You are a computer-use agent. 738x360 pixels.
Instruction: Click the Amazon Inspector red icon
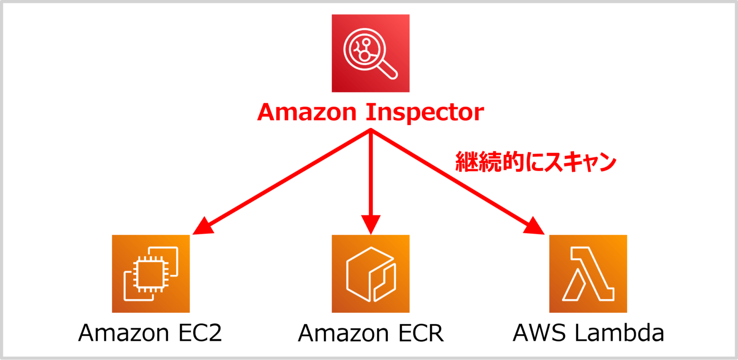[370, 53]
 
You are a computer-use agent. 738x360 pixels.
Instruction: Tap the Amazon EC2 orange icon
[151, 273]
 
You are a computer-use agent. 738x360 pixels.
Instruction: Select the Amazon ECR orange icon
[370, 273]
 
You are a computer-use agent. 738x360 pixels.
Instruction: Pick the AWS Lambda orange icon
[588, 273]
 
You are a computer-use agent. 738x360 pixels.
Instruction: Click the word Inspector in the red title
[425, 112]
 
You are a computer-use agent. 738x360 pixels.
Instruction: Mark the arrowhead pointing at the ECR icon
[370, 226]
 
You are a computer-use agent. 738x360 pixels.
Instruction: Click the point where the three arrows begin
[370, 131]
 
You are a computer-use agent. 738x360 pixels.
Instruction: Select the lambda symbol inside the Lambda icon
[588, 273]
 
